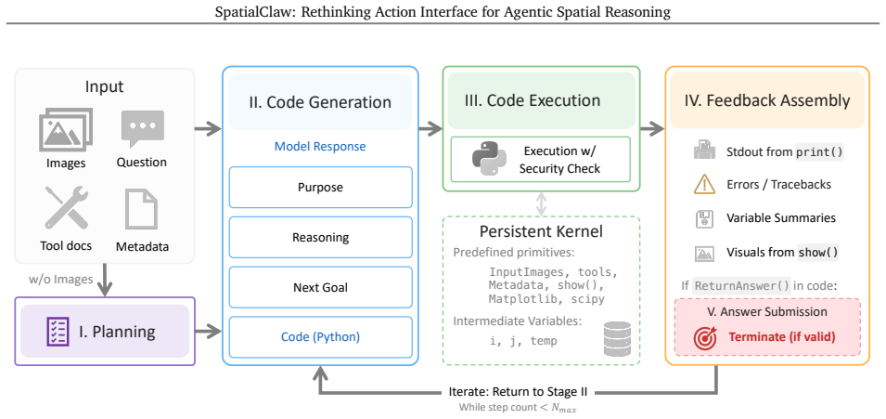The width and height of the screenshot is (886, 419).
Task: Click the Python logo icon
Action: [488, 159]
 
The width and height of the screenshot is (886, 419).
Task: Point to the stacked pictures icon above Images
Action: [66, 131]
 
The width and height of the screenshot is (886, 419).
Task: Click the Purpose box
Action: [320, 188]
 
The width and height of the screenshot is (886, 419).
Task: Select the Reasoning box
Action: [320, 237]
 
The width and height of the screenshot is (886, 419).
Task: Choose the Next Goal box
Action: [320, 287]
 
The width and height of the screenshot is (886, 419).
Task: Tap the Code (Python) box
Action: [320, 337]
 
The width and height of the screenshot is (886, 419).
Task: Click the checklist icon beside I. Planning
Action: [58, 332]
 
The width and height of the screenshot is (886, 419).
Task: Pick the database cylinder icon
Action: [617, 338]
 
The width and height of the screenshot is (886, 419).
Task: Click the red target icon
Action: [705, 337]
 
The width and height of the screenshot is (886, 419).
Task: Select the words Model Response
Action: [320, 147]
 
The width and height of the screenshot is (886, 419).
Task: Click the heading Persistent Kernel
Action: [541, 231]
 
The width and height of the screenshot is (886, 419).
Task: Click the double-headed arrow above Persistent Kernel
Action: [541, 203]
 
